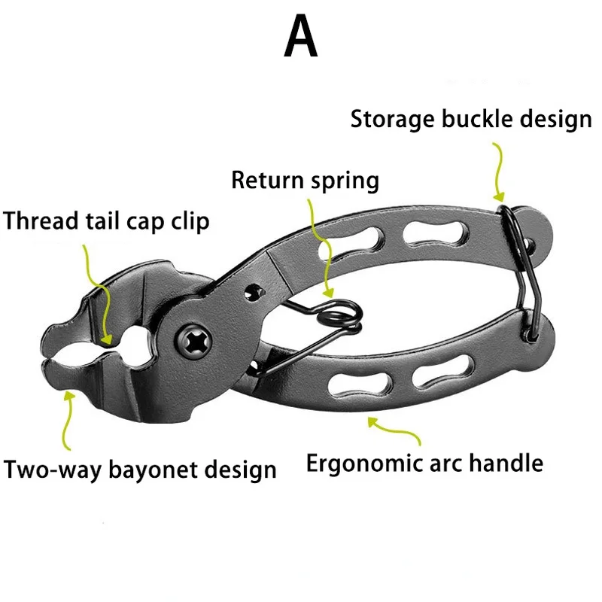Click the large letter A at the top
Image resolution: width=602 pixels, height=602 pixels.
(x=300, y=35)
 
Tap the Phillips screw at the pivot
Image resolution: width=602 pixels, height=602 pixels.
(x=193, y=341)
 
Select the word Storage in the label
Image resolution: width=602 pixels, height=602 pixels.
(x=392, y=120)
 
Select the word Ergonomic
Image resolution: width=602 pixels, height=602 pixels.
(x=365, y=464)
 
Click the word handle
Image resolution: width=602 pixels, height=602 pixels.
(x=506, y=463)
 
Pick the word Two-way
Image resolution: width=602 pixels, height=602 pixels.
(x=53, y=470)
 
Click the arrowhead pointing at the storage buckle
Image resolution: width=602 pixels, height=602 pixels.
(x=499, y=197)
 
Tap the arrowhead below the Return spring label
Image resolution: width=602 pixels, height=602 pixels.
(x=328, y=293)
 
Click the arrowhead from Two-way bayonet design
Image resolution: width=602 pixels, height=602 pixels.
(x=69, y=397)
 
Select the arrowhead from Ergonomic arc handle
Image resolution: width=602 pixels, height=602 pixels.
(x=372, y=422)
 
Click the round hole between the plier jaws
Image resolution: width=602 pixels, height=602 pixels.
(x=135, y=345)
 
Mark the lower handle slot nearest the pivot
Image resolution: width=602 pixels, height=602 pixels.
(x=360, y=386)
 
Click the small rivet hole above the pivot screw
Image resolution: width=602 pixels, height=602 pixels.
(x=253, y=291)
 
